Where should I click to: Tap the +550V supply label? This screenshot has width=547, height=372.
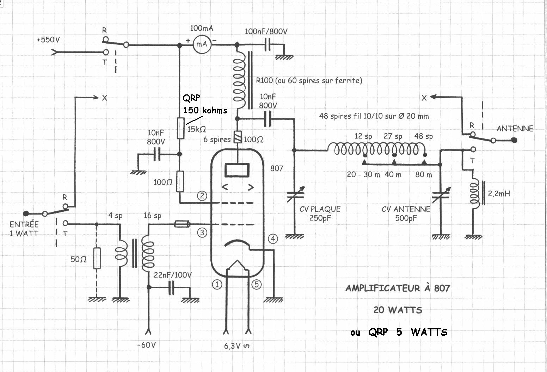48,39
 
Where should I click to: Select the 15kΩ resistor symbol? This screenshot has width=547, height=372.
180,128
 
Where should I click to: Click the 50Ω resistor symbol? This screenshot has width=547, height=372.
97,258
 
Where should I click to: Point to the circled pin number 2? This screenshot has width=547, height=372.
202,196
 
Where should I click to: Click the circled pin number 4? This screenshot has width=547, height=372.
273,238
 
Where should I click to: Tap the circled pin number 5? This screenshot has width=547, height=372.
257,284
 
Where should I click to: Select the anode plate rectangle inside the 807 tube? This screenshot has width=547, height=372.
237,170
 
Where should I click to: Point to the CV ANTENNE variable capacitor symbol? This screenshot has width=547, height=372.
441,195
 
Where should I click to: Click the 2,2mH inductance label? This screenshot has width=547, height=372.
499,193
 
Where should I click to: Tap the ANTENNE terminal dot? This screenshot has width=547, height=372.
514,140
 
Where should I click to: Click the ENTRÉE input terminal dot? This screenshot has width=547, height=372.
26,213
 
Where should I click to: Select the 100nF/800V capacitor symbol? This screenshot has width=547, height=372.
268,44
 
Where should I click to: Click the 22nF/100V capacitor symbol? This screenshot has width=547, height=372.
171,287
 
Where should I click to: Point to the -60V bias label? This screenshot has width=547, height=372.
147,345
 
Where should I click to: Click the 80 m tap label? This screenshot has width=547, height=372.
424,174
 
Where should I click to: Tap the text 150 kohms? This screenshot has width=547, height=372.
205,110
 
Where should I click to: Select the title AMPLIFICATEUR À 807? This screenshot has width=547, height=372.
398,288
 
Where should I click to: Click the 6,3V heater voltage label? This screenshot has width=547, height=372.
237,346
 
